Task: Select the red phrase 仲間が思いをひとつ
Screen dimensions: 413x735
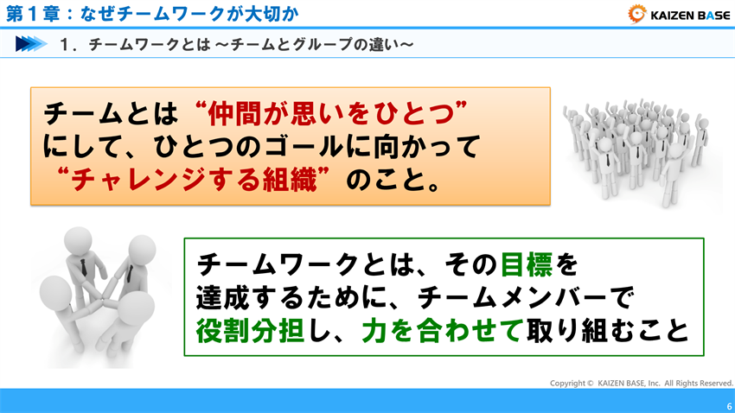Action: coord(331,112)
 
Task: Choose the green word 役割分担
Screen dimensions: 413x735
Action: coord(252,330)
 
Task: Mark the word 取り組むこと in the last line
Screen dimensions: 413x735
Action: coord(614,330)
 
